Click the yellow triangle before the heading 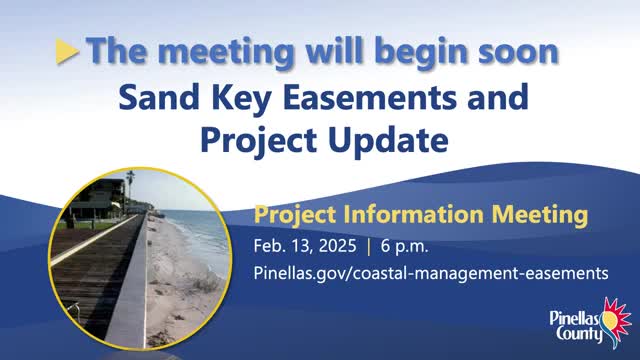[x=66, y=51]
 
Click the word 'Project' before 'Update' [x=258, y=141]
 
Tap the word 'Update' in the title [x=388, y=141]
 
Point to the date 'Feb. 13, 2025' [x=305, y=246]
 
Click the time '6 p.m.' [x=404, y=247]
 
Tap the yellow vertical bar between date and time [x=369, y=247]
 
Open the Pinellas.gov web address [x=431, y=273]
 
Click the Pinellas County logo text [x=576, y=327]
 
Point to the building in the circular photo [x=98, y=200]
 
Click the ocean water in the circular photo [x=200, y=237]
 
